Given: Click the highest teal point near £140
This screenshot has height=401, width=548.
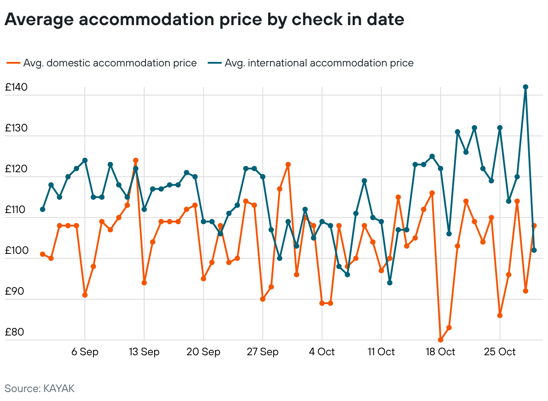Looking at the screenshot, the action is (526, 87).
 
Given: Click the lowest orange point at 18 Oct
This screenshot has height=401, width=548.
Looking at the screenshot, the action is (441, 340).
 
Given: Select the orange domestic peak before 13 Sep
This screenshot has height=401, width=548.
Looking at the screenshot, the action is (136, 161).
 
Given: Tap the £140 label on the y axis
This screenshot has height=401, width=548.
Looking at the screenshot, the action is (16, 87).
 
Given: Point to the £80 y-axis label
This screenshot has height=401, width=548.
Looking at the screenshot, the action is (14, 332).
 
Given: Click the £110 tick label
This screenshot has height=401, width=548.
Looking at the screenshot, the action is (15, 209).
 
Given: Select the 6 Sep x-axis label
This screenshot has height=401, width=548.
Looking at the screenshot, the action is (85, 352).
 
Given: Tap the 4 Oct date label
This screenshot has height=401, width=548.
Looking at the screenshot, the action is (322, 352).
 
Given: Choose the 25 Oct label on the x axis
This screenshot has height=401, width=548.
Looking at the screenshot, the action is (500, 352).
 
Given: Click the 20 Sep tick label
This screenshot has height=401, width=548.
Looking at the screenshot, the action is (203, 352).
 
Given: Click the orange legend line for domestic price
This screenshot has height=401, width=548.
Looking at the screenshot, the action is (13, 63).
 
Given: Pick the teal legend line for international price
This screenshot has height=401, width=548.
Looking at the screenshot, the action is (215, 63).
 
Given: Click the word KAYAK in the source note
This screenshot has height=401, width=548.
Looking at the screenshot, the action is (59, 389).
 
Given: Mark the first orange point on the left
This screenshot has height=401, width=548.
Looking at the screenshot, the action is (43, 254).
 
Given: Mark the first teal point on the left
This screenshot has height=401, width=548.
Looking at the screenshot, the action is (43, 209).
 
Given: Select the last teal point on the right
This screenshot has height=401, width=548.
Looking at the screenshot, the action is (534, 250).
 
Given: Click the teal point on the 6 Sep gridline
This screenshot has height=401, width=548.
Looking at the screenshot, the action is (85, 161).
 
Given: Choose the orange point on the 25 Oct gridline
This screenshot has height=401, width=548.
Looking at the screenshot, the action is (500, 315).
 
